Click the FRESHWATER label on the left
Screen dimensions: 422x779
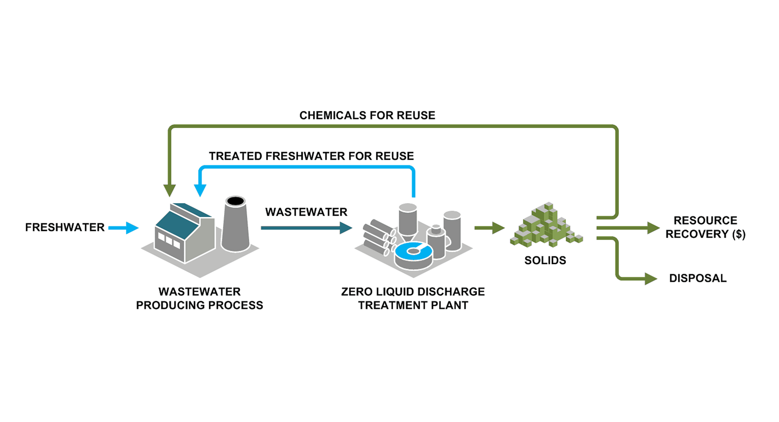[x=65, y=228]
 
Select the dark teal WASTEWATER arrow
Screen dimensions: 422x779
[x=306, y=228]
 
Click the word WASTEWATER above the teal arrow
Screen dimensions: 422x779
[x=306, y=212]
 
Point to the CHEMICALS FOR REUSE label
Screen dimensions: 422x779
[x=367, y=116]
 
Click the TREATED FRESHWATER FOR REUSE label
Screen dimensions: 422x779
[x=311, y=156]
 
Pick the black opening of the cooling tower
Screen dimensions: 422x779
[x=235, y=201]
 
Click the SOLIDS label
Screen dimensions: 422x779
[x=545, y=260]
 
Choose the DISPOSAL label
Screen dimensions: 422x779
[x=698, y=279]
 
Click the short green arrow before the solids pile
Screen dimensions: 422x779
[x=490, y=228]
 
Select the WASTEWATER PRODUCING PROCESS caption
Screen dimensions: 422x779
[x=199, y=299]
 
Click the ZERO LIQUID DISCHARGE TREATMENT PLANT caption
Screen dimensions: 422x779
[x=412, y=299]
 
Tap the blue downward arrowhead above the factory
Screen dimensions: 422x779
[x=200, y=190]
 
